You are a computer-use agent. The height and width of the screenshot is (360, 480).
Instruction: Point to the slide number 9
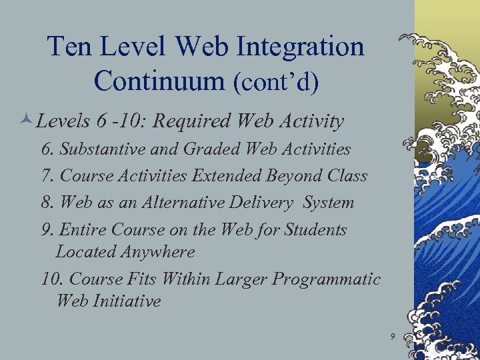(x=393, y=336)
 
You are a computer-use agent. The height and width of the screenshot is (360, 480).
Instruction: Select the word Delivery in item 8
(x=263, y=203)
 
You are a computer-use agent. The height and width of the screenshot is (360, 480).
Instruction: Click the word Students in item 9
(x=315, y=230)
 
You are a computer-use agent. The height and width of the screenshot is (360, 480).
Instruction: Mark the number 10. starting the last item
(x=52, y=279)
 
